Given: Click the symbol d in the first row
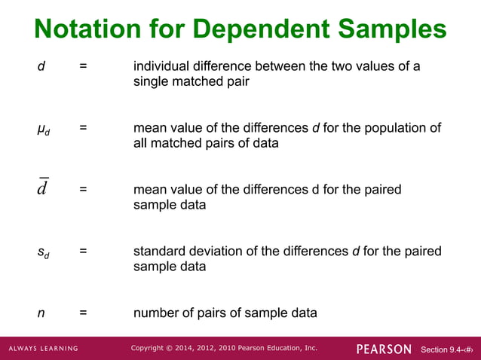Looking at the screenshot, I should [x=41, y=66].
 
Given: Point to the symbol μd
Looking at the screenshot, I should [x=44, y=129].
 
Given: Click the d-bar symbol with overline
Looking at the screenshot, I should [x=42, y=188].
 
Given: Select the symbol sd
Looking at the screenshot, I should [x=44, y=252].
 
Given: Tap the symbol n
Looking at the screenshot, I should [x=41, y=313].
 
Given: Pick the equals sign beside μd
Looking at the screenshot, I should [x=83, y=128].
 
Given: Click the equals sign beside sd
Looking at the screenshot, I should [x=83, y=251].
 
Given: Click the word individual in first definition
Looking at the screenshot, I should [x=161, y=66].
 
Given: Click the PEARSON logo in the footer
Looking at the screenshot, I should [x=384, y=349].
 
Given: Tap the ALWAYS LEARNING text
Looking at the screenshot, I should [x=44, y=349].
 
